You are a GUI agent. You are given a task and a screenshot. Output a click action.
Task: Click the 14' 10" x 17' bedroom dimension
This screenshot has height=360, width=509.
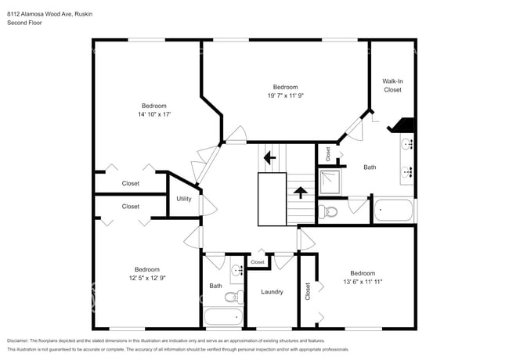pyautogui.click(x=153, y=114)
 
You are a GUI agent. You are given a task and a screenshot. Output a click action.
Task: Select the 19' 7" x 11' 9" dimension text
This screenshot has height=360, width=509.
pyautogui.click(x=285, y=95)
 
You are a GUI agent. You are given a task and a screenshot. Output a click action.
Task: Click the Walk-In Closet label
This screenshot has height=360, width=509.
pyautogui.click(x=392, y=85)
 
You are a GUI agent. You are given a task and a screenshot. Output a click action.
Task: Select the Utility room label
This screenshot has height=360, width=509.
pyautogui.click(x=184, y=199)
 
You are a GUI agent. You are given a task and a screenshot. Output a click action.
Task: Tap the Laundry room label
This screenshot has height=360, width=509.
pyautogui.click(x=271, y=292)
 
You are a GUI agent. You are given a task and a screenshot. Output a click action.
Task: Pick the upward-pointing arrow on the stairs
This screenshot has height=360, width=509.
pyautogui.click(x=300, y=192)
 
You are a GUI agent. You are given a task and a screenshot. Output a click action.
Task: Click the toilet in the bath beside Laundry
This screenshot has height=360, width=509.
pyautogui.click(x=233, y=297)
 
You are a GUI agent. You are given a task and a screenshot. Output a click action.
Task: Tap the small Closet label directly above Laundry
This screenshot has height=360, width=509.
pyautogui.click(x=258, y=262)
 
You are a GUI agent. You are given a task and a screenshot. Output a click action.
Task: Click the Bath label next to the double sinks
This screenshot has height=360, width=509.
pyautogui.click(x=370, y=167)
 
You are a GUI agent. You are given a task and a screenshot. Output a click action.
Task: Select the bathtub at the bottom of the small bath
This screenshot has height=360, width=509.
pyautogui.click(x=224, y=317)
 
